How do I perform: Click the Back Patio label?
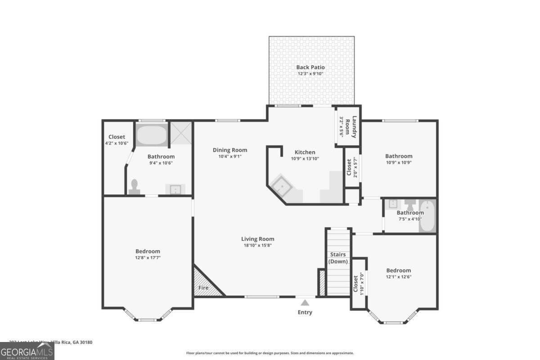tap(310, 67)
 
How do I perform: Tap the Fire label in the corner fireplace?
tap(203, 288)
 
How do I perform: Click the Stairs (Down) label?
tap(337, 258)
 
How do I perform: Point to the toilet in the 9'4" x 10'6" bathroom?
tap(134, 187)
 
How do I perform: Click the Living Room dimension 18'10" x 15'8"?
tap(257, 245)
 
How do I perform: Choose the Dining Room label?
tap(230, 150)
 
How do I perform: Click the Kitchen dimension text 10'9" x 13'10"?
tap(305, 158)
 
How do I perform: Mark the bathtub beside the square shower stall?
tap(151, 134)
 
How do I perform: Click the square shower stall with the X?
tap(181, 133)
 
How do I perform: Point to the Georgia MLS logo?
tap(27, 351)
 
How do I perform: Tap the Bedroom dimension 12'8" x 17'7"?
tap(148, 257)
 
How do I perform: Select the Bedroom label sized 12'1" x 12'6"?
tap(398, 270)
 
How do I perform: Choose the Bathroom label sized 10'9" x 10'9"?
tap(398, 156)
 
